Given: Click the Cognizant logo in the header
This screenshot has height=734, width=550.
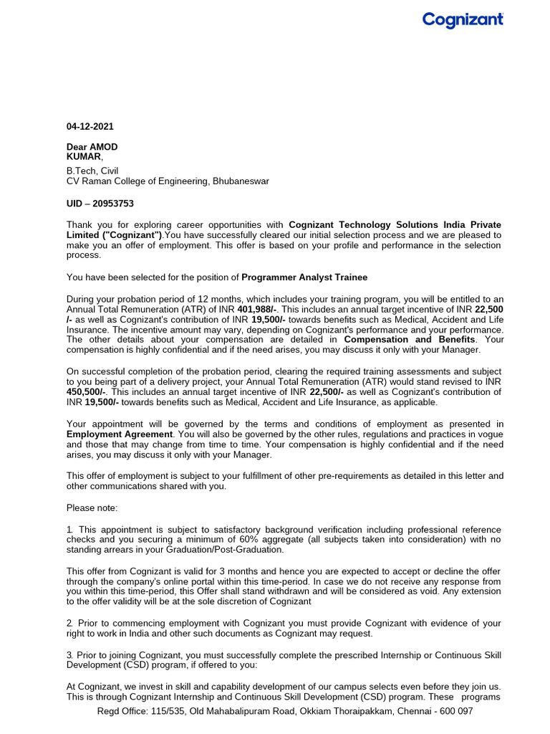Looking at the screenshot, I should (x=463, y=20).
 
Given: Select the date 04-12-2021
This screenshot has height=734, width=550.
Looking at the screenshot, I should (x=90, y=127).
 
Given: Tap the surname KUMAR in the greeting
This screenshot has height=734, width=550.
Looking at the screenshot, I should (x=84, y=156).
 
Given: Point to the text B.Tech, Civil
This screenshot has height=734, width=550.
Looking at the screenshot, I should (x=92, y=171).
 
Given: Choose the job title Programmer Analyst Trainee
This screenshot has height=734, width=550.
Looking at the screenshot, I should (x=304, y=277).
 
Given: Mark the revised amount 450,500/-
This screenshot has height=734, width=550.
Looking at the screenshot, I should (x=85, y=392).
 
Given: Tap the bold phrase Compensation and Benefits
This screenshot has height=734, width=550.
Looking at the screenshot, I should (x=409, y=339).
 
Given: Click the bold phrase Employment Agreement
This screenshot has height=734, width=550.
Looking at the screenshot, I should (x=119, y=434).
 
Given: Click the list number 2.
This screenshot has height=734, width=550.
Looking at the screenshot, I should (x=69, y=624).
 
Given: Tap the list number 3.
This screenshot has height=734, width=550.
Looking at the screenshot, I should (x=69, y=656).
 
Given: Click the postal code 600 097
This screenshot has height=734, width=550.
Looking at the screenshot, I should (x=455, y=711).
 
